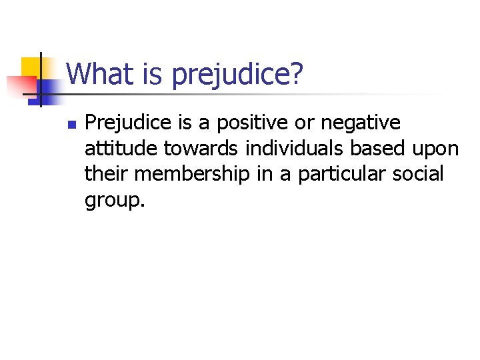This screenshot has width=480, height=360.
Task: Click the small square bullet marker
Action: point(72,124)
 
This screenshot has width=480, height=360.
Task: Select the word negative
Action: point(361,123)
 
